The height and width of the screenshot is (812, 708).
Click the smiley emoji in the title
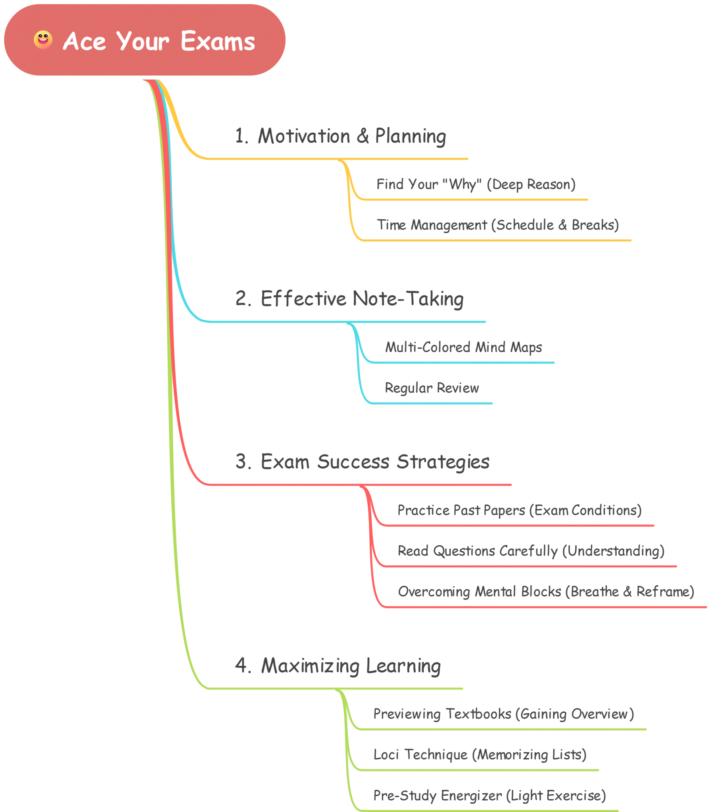43,40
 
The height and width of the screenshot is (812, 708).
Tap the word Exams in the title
218,41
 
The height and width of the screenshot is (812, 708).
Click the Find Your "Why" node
476,184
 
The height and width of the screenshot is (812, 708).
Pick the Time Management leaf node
497,225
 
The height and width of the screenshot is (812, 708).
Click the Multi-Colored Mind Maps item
463,347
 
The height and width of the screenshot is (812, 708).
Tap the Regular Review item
432,388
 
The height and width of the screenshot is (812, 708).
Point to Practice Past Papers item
519,510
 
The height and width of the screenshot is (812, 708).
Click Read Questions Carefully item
531,551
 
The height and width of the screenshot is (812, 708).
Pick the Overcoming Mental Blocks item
546,592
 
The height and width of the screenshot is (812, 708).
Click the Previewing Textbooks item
503,714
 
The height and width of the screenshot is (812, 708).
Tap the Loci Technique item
480,755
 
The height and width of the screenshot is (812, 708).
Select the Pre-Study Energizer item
489,795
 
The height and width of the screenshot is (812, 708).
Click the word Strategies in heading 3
443,462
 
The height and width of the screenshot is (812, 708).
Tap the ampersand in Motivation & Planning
363,136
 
